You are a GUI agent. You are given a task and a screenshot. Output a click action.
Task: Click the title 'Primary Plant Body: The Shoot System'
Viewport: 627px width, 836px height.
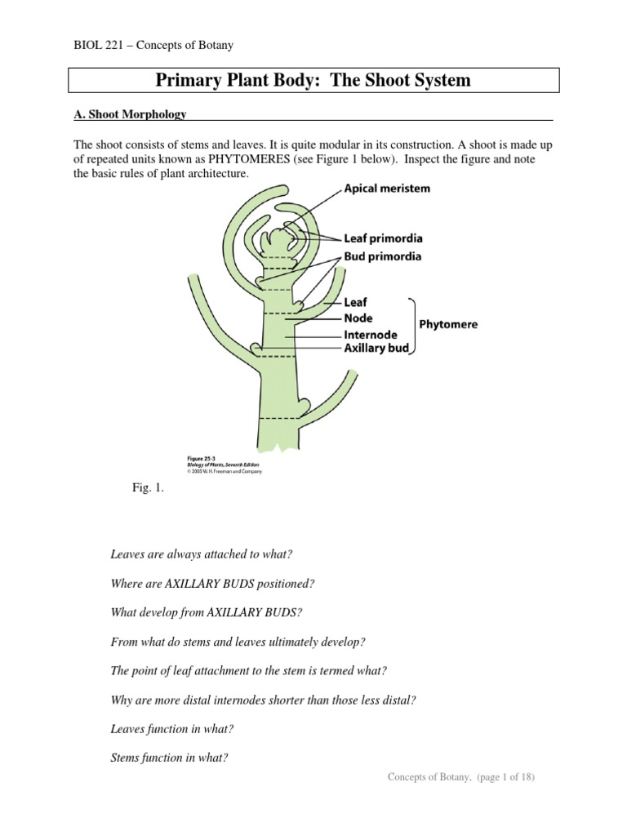point(313,81)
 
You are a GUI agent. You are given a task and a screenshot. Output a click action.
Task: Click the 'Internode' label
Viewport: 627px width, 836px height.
point(371,335)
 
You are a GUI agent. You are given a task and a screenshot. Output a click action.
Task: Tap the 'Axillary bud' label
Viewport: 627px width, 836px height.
point(376,349)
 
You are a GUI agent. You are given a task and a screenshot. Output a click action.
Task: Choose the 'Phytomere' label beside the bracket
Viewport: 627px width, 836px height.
point(448,324)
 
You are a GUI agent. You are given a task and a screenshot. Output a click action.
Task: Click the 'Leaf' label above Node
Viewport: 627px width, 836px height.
point(356,303)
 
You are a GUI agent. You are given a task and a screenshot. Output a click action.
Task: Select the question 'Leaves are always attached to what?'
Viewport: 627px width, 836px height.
point(201,554)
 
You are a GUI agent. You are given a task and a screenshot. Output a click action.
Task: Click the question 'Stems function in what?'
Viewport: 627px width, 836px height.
point(169,757)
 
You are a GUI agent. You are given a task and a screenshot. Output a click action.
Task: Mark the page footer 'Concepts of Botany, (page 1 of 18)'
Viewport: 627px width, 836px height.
point(460,777)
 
